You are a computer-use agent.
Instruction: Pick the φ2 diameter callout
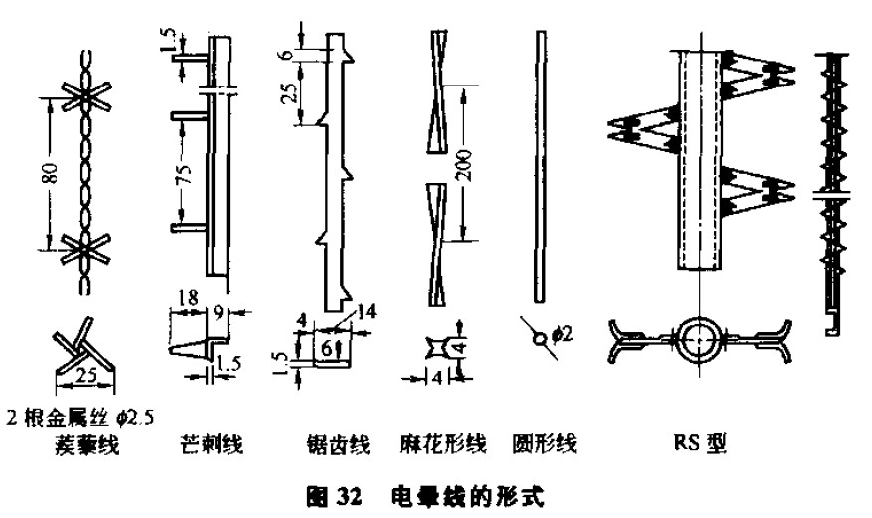pos(561,338)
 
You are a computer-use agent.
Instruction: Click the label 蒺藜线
pos(90,444)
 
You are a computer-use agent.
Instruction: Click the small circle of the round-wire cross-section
pos(538,336)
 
